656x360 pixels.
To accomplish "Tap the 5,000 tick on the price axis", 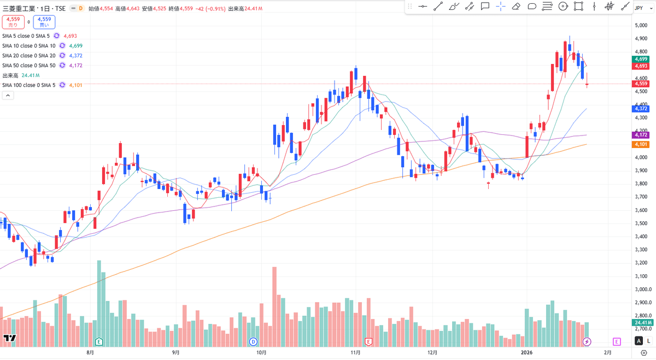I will click(x=641, y=25).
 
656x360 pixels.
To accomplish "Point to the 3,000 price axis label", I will click(x=641, y=276).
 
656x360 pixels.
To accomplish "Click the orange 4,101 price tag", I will click(x=641, y=144).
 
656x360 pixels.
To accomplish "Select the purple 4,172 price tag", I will click(x=641, y=135).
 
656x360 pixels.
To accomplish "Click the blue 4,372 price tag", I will click(x=641, y=109).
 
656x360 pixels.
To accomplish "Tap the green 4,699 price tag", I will click(x=641, y=59).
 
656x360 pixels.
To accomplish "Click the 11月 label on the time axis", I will click(x=356, y=353).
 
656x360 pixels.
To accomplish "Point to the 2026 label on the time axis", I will click(x=527, y=353).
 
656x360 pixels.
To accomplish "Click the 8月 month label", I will click(x=90, y=353).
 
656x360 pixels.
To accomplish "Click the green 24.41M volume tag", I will click(x=641, y=323).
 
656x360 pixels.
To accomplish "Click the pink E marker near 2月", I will click(x=617, y=342).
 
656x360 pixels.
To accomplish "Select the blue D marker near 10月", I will click(x=253, y=342).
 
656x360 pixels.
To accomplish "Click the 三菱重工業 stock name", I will click(x=18, y=9).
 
